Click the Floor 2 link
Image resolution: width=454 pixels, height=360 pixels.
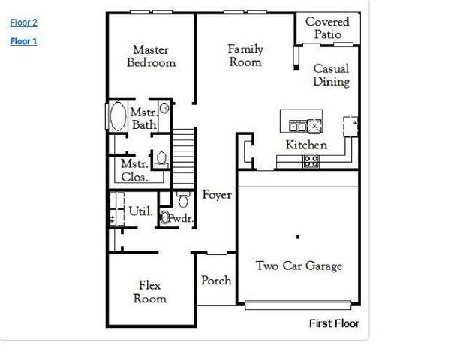point(23,22)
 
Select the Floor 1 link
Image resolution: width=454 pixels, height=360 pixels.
point(23,41)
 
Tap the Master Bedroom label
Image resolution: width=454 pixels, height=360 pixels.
point(151,56)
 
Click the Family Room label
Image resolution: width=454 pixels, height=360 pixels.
point(245,55)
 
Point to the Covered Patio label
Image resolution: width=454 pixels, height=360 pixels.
point(327,28)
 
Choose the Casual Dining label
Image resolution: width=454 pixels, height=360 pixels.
point(331,75)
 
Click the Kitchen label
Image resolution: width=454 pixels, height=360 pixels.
point(305,145)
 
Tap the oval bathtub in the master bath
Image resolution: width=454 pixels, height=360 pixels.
point(118,118)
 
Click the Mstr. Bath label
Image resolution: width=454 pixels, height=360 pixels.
point(144,118)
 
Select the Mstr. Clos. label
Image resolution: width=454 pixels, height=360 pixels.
point(134,170)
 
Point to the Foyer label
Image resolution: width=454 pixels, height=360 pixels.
point(217,195)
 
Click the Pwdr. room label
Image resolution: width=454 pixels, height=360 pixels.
point(182,219)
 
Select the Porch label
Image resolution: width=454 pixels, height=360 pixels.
point(216,280)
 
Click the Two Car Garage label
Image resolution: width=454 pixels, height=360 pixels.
point(299,265)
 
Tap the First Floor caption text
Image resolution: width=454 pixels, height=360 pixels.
point(334,323)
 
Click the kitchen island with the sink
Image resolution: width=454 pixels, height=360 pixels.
point(302,123)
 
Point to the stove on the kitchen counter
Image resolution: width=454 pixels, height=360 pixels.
point(311,160)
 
